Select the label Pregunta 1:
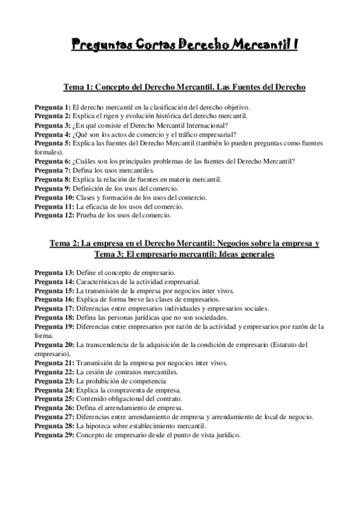(52, 107)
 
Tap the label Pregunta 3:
(52, 125)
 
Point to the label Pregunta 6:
(52, 161)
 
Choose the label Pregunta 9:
(52, 188)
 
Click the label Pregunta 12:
(54, 215)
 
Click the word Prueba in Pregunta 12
(87, 215)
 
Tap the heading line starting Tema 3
(180, 254)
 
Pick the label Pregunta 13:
(54, 272)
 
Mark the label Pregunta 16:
(54, 300)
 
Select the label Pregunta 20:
(54, 345)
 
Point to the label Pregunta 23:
(54, 381)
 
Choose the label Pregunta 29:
(54, 435)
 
